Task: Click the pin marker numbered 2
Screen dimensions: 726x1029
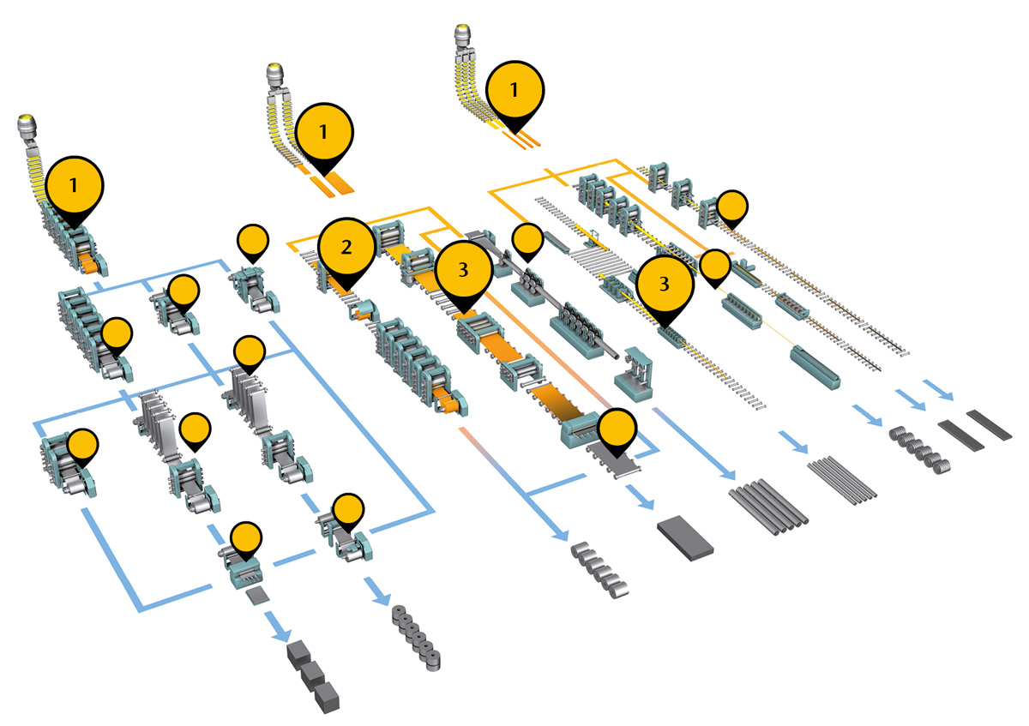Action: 346,247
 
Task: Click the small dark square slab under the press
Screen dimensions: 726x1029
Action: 254,595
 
